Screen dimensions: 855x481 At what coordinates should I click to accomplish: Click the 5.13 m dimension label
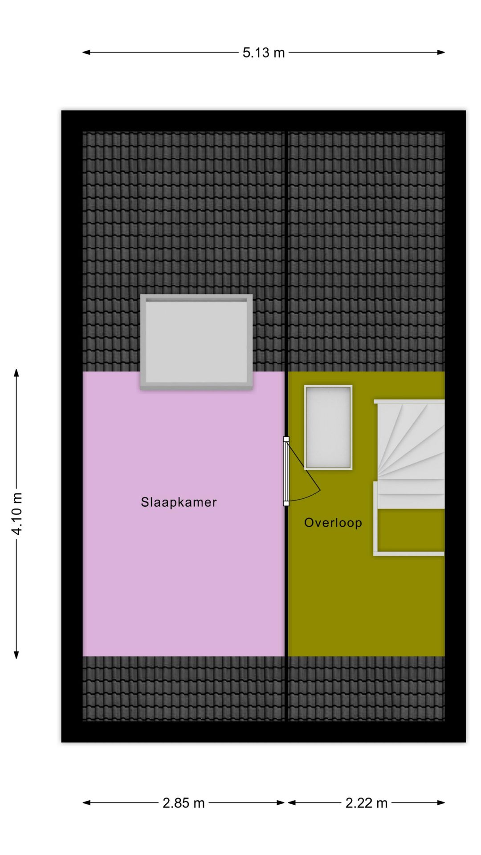[x=263, y=53]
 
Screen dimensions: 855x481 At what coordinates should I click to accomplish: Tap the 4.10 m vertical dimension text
[x=17, y=513]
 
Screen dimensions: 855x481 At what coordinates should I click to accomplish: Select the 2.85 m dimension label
[x=183, y=803]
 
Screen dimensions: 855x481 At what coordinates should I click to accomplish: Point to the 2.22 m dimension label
[x=367, y=803]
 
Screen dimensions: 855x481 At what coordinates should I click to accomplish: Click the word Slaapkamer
[x=179, y=502]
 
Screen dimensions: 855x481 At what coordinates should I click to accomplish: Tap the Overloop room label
[x=333, y=522]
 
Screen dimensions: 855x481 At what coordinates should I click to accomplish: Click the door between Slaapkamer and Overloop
[x=286, y=471]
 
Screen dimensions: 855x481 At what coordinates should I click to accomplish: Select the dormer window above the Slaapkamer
[x=196, y=342]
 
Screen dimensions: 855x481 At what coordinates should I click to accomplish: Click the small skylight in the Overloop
[x=328, y=427]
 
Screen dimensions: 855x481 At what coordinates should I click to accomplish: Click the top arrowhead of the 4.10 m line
[x=16, y=372]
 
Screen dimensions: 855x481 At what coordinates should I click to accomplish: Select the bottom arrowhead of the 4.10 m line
[x=16, y=655]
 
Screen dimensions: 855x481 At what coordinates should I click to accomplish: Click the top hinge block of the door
[x=286, y=439]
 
